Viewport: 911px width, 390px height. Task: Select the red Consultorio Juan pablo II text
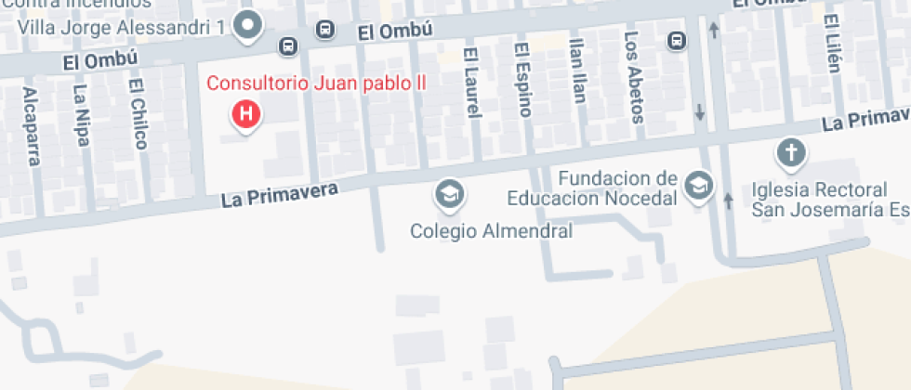click(316, 83)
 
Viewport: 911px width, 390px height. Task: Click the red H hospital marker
click(245, 115)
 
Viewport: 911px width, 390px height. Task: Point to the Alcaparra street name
click(32, 126)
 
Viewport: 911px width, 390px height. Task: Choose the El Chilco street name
click(139, 112)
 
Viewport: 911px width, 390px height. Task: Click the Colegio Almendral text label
click(491, 229)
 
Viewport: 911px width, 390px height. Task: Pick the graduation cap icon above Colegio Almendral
click(450, 195)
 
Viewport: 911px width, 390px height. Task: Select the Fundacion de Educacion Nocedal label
click(591, 188)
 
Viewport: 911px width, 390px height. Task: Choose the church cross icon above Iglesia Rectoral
click(791, 151)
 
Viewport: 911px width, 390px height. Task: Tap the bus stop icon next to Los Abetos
click(678, 41)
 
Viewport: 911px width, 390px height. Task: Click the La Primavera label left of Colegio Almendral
click(279, 192)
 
